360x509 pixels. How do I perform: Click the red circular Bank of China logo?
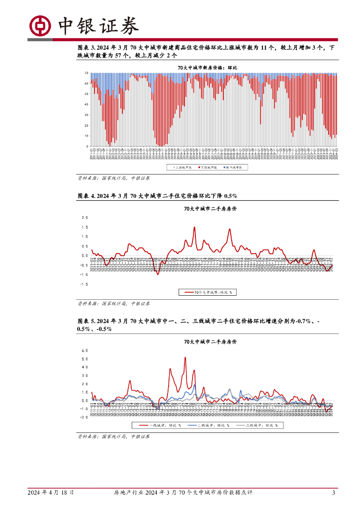point(40,25)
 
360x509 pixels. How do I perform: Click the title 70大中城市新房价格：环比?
point(208,67)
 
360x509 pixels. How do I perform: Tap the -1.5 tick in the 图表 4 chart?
point(84,284)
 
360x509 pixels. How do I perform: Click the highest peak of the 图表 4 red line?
point(194,227)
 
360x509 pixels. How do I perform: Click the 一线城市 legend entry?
point(159,425)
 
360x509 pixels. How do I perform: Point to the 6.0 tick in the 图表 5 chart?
point(84,350)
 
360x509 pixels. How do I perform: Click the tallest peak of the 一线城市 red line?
point(185,357)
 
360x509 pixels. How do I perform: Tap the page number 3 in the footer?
point(334,493)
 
